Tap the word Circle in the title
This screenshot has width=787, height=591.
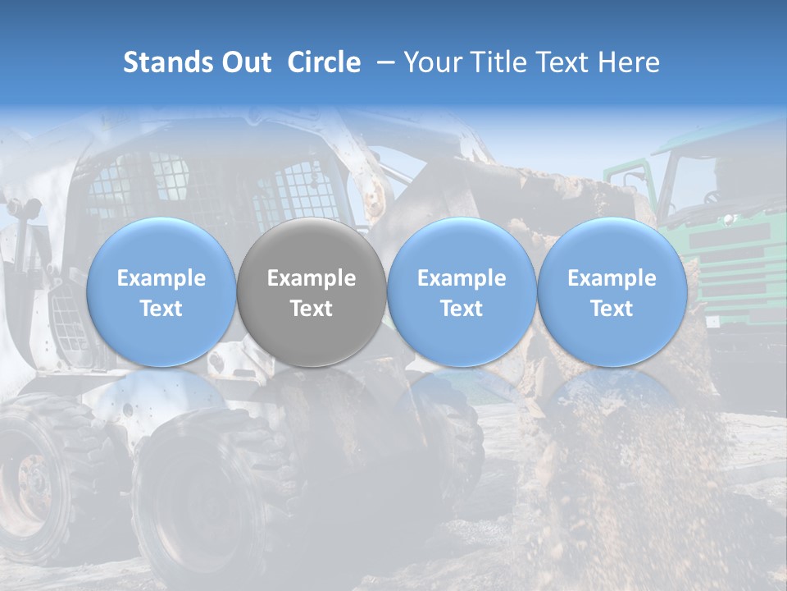324,62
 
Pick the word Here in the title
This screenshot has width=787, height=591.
629,62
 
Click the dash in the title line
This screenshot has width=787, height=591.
383,62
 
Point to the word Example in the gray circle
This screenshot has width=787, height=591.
312,278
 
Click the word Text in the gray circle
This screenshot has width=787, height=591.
312,309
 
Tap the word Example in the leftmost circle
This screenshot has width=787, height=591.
161,278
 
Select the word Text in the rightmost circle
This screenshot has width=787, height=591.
612,309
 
